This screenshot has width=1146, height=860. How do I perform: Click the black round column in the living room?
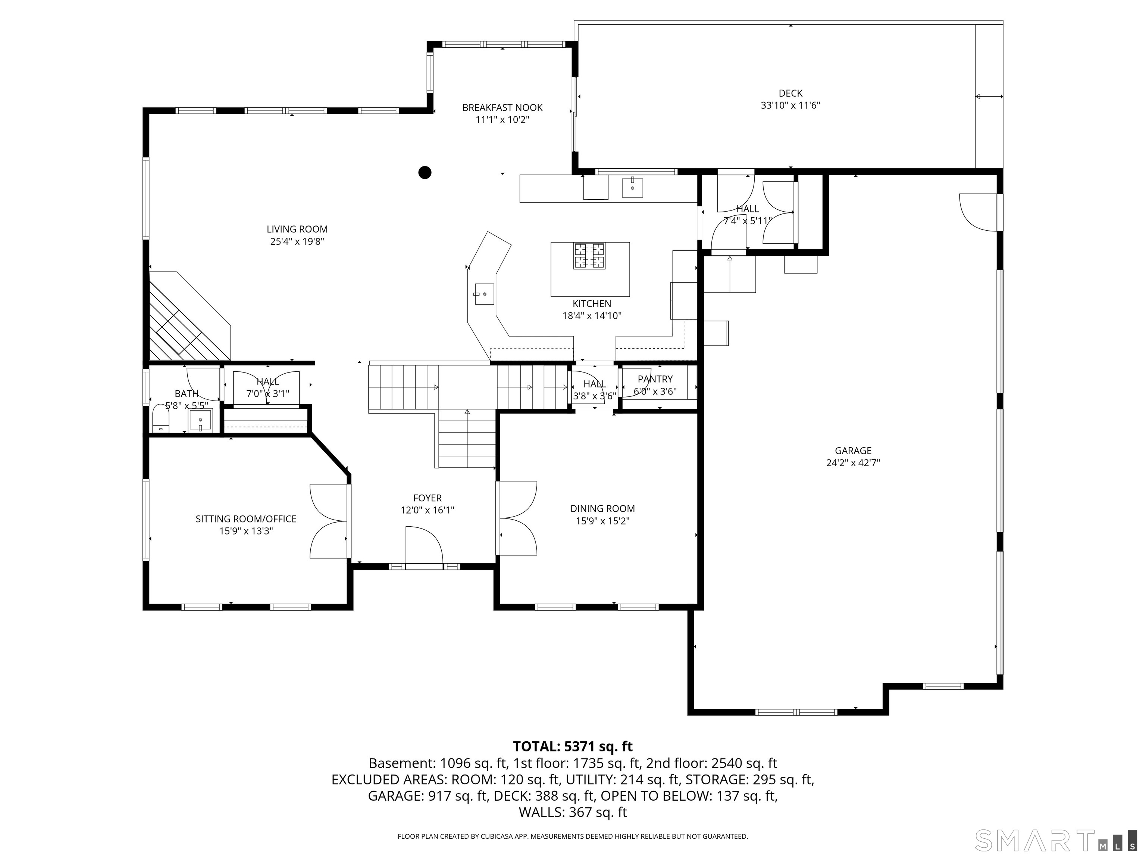[x=425, y=172]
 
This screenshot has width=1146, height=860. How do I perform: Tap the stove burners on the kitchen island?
[x=589, y=256]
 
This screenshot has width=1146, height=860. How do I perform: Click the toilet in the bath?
[x=161, y=418]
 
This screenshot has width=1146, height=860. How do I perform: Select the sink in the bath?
[x=200, y=420]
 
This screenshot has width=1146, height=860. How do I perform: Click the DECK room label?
[x=790, y=93]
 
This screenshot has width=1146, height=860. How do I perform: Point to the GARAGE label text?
[x=853, y=451]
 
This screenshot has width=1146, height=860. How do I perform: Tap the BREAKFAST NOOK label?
[x=502, y=108]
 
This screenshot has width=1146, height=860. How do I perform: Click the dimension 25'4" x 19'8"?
[x=297, y=242]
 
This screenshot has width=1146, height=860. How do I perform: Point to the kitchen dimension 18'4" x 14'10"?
[x=592, y=316]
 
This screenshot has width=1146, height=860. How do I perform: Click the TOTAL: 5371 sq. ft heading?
[x=573, y=747]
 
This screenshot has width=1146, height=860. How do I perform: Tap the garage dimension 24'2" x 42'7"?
[x=853, y=463]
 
